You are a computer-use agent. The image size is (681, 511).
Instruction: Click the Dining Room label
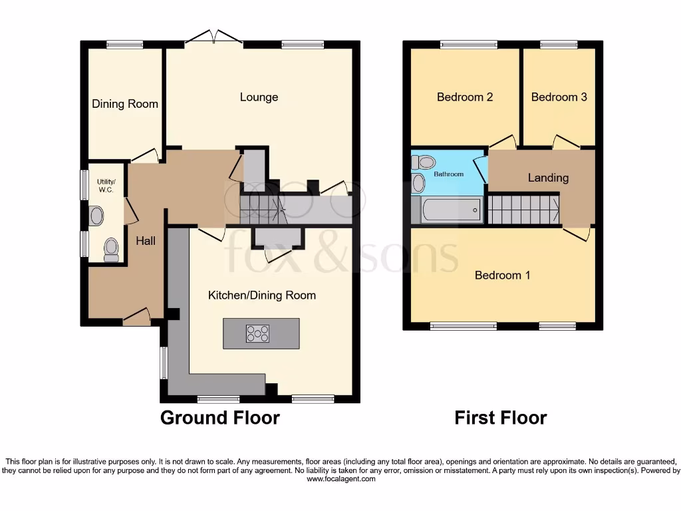pyautogui.click(x=125, y=104)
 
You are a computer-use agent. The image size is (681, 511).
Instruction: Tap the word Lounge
pyautogui.click(x=259, y=97)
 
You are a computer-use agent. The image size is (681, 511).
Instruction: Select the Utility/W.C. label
pyautogui.click(x=106, y=186)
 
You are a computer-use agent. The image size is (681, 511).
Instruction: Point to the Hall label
pyautogui.click(x=146, y=240)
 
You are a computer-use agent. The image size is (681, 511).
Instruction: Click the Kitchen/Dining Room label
pyautogui.click(x=262, y=295)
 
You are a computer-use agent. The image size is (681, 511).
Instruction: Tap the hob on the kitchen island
pyautogui.click(x=257, y=333)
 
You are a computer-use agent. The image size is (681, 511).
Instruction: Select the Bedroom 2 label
pyautogui.click(x=465, y=97)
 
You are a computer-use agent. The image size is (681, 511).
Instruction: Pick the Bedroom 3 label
pyautogui.click(x=559, y=97)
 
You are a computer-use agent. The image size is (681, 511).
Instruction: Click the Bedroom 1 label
pyautogui.click(x=502, y=275)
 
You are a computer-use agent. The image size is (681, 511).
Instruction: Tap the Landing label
pyautogui.click(x=548, y=178)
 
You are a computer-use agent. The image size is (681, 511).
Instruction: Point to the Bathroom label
pyautogui.click(x=449, y=174)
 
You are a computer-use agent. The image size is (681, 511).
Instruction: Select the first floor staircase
pyautogui.click(x=523, y=209)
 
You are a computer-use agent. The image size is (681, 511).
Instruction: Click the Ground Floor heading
pyautogui.click(x=219, y=418)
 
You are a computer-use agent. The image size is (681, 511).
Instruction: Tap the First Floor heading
pyautogui.click(x=500, y=418)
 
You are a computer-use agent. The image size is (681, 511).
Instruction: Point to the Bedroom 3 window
pyautogui.click(x=559, y=45)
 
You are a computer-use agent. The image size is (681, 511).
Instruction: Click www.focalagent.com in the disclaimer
pyautogui.click(x=340, y=478)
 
